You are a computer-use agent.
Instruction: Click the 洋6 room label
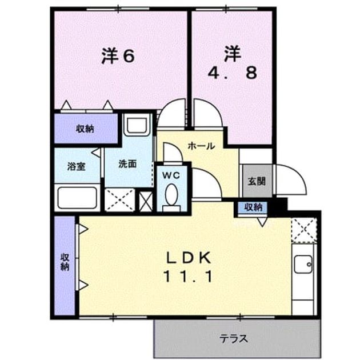[x=118, y=56]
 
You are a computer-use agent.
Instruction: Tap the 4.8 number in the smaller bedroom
[x=233, y=73]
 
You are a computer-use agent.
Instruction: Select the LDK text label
[x=188, y=258]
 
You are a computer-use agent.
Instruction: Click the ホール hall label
[x=201, y=146]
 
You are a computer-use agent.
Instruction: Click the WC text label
[x=171, y=175]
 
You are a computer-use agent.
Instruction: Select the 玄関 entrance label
[x=257, y=181]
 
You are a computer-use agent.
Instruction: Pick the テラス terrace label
[x=234, y=339]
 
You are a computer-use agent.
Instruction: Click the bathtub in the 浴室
[x=77, y=198]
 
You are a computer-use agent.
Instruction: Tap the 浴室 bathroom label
[x=76, y=167]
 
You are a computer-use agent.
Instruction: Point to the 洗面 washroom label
[x=127, y=164]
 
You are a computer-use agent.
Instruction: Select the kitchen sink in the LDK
[x=303, y=264]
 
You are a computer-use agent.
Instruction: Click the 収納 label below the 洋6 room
[x=85, y=129]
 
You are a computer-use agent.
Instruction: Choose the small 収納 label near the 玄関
[x=253, y=207]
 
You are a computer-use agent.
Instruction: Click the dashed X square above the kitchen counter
[x=304, y=230]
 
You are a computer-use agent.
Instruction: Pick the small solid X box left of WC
[x=146, y=201]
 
